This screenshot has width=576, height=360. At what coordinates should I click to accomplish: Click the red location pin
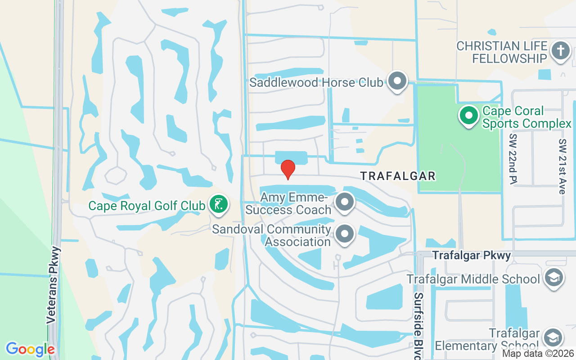point(288,169)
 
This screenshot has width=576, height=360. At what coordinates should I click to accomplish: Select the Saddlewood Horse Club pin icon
point(397,81)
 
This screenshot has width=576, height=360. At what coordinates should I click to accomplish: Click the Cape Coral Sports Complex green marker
point(469,115)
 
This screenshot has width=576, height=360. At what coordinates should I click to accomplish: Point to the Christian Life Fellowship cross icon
point(560,50)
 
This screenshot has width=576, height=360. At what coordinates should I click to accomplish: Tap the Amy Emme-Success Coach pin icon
point(345,202)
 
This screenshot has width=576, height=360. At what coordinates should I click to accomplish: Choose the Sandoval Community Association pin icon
point(345,234)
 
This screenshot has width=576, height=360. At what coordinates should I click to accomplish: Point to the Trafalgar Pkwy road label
point(472,256)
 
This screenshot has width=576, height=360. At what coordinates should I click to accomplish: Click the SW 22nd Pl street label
point(513,158)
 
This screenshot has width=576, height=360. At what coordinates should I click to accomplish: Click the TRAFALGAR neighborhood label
point(398,176)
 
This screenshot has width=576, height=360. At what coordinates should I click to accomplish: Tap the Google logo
point(30,349)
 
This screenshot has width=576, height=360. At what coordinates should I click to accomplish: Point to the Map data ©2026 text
point(538,354)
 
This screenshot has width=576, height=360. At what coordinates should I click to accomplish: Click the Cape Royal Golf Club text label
point(147,206)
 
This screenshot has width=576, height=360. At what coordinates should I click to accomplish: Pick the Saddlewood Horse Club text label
point(316,82)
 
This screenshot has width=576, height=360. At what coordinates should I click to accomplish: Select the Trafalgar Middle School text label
point(473,279)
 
